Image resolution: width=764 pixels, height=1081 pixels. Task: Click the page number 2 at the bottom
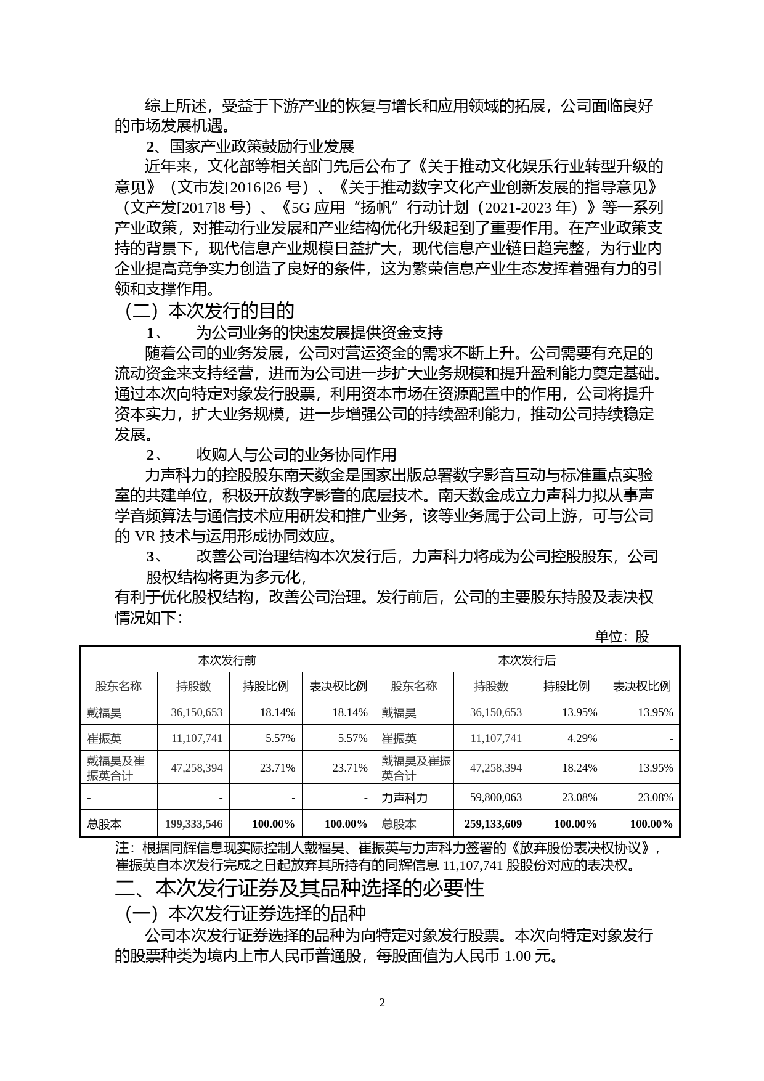pyautogui.click(x=382, y=1003)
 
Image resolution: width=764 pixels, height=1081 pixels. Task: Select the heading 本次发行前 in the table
pyautogui.click(x=227, y=660)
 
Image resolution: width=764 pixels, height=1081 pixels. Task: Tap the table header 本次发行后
pyautogui.click(x=527, y=660)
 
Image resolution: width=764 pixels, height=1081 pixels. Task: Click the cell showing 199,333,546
pyautogui.click(x=193, y=824)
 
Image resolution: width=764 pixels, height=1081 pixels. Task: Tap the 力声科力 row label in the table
pyautogui.click(x=404, y=797)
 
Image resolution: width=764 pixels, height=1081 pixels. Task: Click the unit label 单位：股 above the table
pyautogui.click(x=622, y=637)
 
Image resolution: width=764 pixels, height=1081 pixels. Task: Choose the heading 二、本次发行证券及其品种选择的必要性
pyautogui.click(x=300, y=888)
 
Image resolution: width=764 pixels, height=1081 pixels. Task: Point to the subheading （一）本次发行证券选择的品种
pyautogui.click(x=245, y=913)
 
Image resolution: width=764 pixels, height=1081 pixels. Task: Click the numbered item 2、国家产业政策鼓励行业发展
pyautogui.click(x=250, y=147)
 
